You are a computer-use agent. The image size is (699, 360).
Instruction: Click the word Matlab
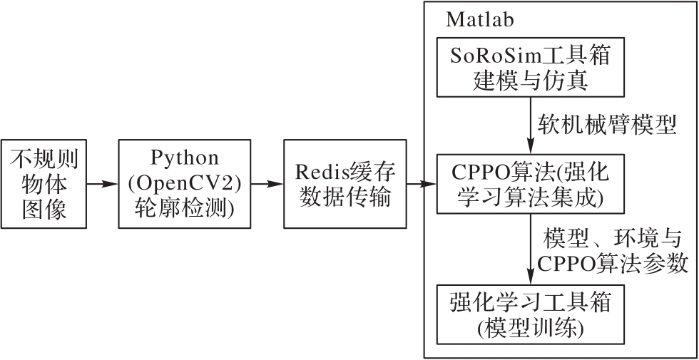click(x=479, y=20)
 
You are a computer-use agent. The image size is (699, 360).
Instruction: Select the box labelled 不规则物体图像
click(x=44, y=184)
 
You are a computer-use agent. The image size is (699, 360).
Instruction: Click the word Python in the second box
click(x=185, y=158)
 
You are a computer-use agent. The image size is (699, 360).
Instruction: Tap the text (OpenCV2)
click(x=185, y=184)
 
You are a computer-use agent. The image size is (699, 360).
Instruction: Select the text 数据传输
click(x=345, y=197)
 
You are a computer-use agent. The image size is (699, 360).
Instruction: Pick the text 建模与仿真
click(x=530, y=81)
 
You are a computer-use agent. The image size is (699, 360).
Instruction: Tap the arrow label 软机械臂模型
click(x=607, y=125)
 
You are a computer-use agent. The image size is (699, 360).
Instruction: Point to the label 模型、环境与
click(x=613, y=240)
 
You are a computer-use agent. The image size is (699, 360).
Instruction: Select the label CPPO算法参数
click(x=613, y=264)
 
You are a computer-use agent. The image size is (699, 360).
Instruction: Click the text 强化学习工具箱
click(x=530, y=304)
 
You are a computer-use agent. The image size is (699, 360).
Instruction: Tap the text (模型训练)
click(x=530, y=328)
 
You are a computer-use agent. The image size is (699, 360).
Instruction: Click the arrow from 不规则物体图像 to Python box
click(x=102, y=184)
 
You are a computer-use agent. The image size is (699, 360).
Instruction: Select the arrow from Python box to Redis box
click(x=267, y=184)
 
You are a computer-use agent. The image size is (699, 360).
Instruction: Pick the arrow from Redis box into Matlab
click(x=422, y=184)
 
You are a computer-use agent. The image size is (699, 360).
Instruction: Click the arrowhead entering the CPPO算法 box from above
click(x=531, y=147)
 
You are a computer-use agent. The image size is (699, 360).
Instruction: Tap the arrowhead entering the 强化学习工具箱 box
click(x=531, y=277)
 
